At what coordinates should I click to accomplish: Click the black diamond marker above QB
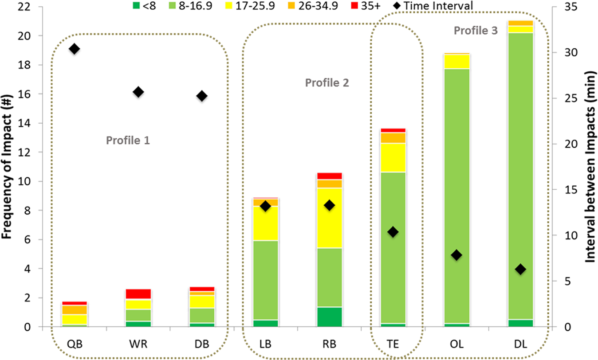pyautogui.click(x=75, y=49)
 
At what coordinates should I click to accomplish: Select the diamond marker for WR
pyautogui.click(x=138, y=92)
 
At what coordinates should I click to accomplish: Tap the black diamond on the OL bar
pyautogui.click(x=456, y=255)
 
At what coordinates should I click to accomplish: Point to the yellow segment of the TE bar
pyautogui.click(x=393, y=157)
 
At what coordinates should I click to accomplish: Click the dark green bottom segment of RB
pyautogui.click(x=329, y=317)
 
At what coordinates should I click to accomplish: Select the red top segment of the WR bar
pyautogui.click(x=138, y=294)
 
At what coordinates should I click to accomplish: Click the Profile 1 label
pyautogui.click(x=128, y=141)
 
